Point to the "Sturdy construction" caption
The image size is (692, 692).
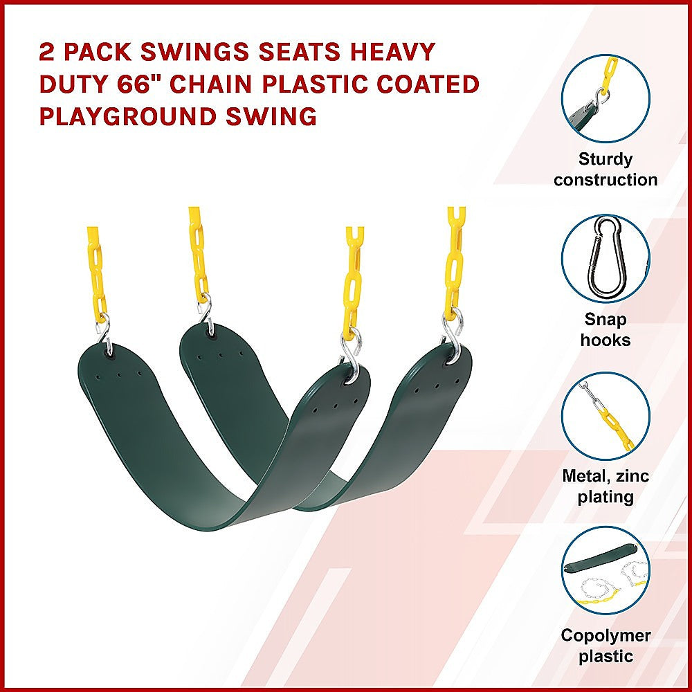click(605, 170)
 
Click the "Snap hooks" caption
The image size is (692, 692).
click(605, 329)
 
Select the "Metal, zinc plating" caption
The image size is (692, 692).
click(605, 486)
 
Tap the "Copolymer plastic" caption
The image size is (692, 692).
click(605, 646)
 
